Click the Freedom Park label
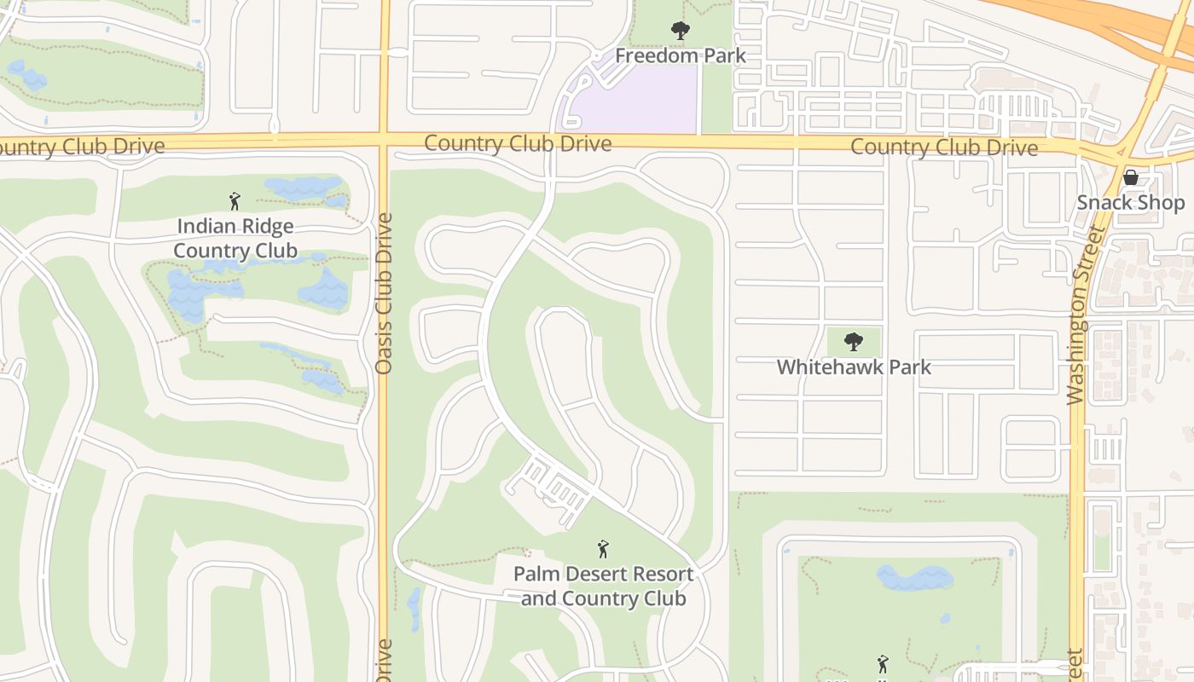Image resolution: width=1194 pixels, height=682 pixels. click(680, 56)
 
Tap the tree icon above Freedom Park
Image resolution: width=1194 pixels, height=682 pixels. click(680, 32)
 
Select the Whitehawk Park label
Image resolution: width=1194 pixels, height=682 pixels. click(853, 367)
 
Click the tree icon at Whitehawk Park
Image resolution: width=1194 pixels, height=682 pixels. click(853, 342)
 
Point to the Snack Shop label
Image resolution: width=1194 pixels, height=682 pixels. click(1130, 203)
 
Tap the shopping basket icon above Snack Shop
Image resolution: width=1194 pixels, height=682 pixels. click(1131, 177)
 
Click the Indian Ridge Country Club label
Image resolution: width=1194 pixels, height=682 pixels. click(235, 239)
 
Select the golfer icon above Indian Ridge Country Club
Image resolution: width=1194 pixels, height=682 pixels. click(235, 201)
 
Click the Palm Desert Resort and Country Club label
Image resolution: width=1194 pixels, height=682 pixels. click(603, 586)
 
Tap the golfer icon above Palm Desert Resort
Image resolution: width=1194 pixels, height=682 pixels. click(603, 548)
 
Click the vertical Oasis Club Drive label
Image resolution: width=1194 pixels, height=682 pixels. click(384, 293)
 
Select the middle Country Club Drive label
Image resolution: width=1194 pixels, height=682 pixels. click(518, 143)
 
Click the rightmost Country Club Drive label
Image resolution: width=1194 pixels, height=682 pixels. click(944, 147)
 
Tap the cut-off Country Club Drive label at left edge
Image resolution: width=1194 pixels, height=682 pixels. click(81, 147)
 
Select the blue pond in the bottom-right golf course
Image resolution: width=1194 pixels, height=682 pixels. click(914, 577)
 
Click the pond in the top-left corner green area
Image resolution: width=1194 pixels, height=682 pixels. click(27, 76)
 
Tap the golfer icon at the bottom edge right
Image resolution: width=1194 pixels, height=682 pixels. click(883, 663)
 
